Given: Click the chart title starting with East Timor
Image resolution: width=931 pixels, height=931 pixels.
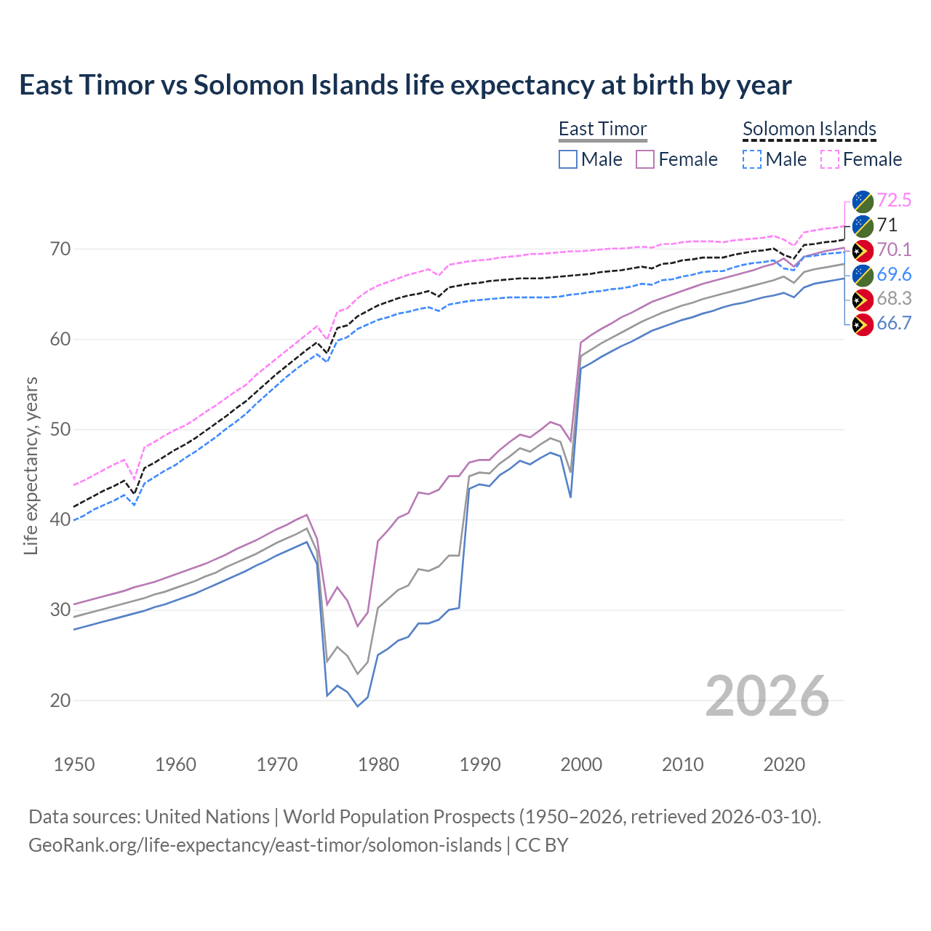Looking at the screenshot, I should [405, 85].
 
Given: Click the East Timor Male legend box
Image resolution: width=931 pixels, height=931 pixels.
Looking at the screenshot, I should [568, 159].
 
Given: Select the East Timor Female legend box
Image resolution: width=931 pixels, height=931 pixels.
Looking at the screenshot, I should [646, 159].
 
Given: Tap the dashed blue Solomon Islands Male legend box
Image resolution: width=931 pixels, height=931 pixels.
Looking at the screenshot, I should [752, 159].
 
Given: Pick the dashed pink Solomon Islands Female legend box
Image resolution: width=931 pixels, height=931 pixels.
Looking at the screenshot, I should [830, 159].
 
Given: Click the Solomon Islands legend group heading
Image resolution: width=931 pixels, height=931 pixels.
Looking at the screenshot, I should [809, 129].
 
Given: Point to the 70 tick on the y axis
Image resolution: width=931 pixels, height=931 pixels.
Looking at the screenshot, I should [60, 249].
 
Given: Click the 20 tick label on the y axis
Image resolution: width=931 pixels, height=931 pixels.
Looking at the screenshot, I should [60, 700].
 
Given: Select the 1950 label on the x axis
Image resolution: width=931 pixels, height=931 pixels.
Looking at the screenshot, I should [74, 764].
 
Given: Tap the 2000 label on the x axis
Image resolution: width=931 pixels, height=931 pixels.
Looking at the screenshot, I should [581, 764].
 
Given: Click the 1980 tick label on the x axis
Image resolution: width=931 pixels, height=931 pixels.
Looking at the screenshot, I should [378, 764].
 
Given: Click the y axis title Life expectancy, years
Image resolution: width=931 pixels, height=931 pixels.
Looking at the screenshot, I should [31, 465].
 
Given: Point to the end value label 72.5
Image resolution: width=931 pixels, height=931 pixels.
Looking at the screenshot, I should [894, 200].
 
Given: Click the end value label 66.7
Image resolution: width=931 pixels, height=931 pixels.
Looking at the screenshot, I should [894, 324].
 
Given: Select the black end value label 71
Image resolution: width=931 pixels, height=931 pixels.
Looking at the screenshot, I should [887, 225].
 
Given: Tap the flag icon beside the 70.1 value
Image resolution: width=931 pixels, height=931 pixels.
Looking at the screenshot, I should [862, 250].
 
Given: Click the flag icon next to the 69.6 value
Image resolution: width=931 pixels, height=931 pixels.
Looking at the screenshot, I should [862, 275].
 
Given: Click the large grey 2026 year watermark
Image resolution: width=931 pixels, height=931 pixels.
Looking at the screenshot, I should [767, 696].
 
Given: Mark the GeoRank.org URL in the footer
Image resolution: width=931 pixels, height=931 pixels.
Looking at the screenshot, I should [265, 845].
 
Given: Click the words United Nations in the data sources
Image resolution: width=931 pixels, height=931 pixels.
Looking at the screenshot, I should [207, 817].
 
